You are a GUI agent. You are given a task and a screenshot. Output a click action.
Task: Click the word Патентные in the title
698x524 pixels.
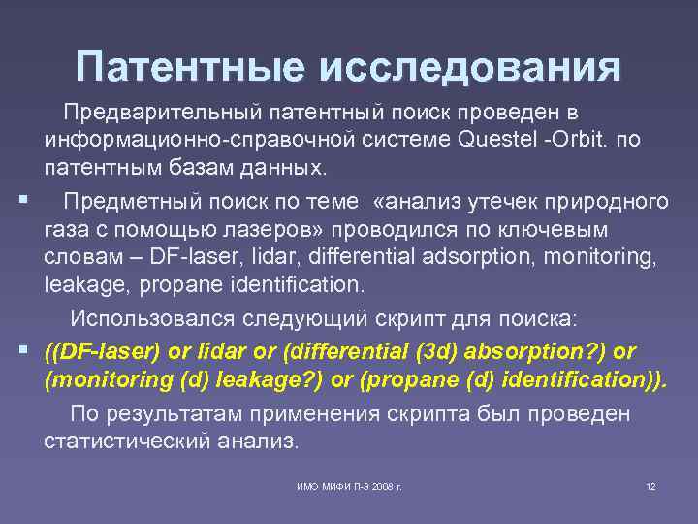(185, 67)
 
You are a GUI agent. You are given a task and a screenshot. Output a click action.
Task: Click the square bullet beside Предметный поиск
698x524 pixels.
(20, 200)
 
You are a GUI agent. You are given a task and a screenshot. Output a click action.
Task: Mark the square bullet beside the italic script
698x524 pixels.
(20, 348)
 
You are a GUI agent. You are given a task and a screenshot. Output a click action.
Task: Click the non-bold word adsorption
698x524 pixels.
(454, 257)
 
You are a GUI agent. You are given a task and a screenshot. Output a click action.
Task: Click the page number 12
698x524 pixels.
(650, 485)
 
